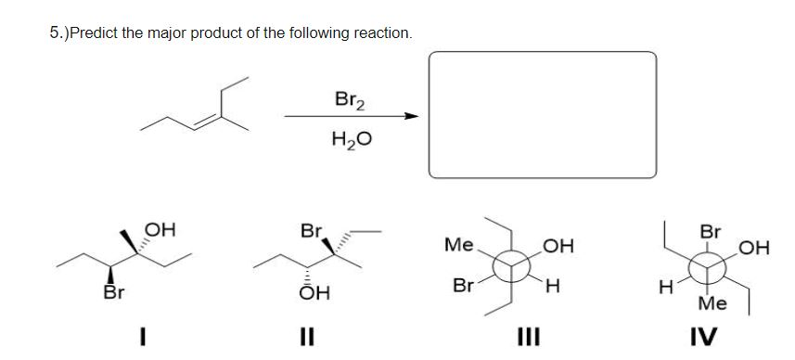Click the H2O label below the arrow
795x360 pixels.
pos(346,140)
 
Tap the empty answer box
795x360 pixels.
pos(542,113)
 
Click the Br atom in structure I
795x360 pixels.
pos(115,295)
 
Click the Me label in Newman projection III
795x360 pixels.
pos(456,246)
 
